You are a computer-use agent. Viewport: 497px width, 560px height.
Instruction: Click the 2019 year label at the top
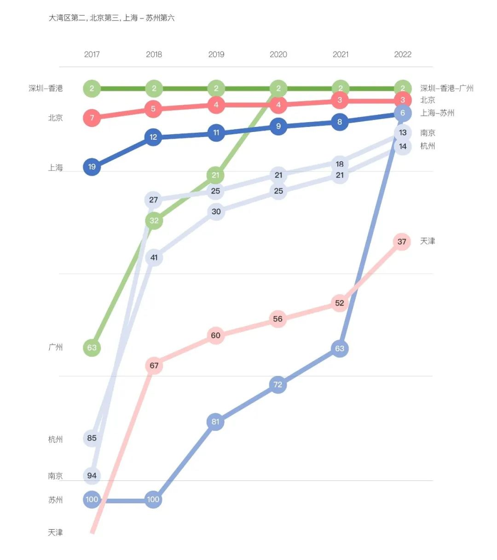(x=216, y=54)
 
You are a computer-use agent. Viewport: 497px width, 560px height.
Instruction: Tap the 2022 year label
(x=402, y=54)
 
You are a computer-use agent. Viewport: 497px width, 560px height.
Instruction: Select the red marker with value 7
(x=92, y=118)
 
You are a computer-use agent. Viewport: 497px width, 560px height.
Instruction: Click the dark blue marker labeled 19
(x=92, y=167)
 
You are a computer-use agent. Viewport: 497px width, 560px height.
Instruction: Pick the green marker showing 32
(x=154, y=221)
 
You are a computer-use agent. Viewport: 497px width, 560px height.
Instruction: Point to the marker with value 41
(x=154, y=257)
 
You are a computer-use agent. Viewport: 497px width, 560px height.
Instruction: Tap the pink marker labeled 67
(x=154, y=366)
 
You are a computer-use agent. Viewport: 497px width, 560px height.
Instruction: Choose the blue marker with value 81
(x=215, y=422)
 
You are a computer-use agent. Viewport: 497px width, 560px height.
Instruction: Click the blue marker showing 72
(x=277, y=384)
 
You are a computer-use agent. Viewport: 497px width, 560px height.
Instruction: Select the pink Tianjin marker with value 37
(x=402, y=241)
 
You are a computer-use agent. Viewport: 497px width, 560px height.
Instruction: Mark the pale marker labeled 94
(x=92, y=475)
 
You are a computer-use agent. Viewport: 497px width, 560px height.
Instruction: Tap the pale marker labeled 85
(x=92, y=438)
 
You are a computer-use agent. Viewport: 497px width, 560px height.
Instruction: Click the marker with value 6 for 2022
(x=403, y=113)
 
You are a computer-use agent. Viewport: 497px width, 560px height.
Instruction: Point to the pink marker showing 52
(x=340, y=303)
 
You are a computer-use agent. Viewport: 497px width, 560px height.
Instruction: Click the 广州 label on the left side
(x=55, y=347)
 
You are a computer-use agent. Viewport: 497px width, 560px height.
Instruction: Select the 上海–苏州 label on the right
(x=437, y=113)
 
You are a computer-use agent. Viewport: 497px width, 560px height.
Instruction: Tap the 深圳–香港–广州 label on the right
(x=446, y=88)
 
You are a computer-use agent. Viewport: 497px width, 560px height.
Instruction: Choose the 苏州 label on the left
(x=55, y=500)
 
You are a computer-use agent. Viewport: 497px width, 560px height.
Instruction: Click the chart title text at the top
(x=112, y=18)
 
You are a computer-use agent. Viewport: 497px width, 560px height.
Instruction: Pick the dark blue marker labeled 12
(x=154, y=137)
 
